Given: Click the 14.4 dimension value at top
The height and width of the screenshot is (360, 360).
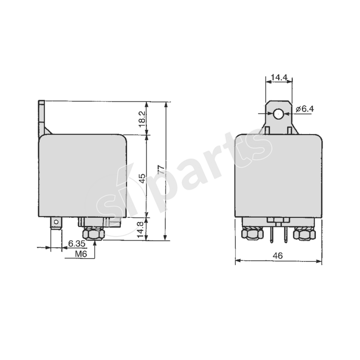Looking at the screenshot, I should pyautogui.click(x=279, y=77).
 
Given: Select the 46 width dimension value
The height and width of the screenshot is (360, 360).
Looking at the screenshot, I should pyautogui.click(x=278, y=256).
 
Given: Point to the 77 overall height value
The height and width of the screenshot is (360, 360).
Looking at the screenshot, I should pyautogui.click(x=160, y=170).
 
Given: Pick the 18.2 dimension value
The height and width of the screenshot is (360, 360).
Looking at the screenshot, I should pyautogui.click(x=142, y=119).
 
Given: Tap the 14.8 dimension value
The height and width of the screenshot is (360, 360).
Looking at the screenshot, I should pyautogui.click(x=142, y=229).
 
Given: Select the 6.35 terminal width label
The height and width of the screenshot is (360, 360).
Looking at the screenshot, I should pyautogui.click(x=76, y=243).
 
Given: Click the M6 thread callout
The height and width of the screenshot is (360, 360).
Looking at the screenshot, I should pyautogui.click(x=81, y=254).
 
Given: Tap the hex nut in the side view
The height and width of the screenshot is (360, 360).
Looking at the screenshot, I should pyautogui.click(x=94, y=234).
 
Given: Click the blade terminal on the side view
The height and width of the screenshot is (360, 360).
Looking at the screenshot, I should pyautogui.click(x=56, y=223).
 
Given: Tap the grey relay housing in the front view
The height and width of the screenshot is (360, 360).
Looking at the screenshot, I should pyautogui.click(x=279, y=175).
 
